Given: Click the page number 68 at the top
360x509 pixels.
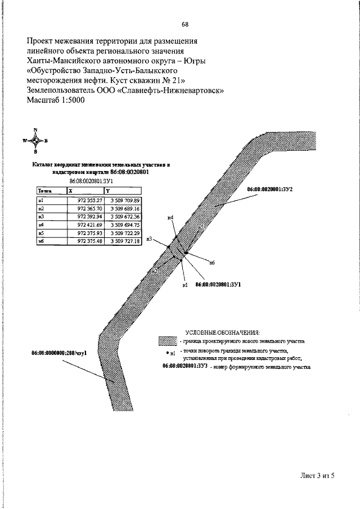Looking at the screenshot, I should [185, 24].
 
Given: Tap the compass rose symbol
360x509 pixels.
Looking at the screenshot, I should [35, 141].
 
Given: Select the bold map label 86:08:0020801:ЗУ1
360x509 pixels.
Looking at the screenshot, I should [218, 285].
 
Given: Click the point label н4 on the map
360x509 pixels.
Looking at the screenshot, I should [170, 218].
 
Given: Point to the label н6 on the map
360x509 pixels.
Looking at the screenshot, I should [212, 263].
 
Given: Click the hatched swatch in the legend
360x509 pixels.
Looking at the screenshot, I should [167, 341].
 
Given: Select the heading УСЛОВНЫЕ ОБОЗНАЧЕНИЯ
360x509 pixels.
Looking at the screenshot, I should [227, 331].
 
